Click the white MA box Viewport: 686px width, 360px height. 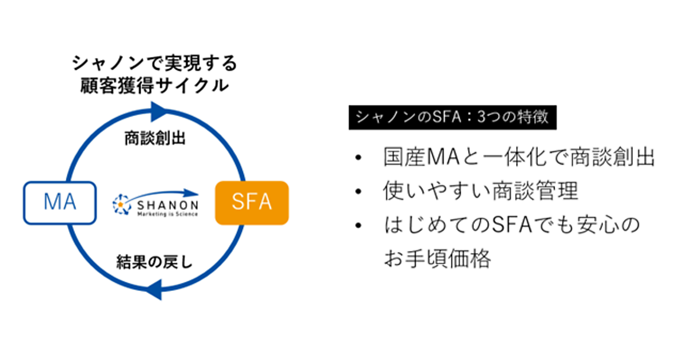[59, 202]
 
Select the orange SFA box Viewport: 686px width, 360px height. [252, 202]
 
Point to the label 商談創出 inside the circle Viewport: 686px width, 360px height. [155, 138]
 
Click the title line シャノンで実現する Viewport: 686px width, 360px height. [155, 62]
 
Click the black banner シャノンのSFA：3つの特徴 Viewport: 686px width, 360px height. [452, 117]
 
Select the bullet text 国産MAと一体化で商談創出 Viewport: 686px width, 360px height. [519, 158]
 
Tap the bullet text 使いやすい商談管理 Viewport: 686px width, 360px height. [481, 191]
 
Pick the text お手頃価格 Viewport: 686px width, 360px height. [437, 259]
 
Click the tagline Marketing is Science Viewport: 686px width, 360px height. [167, 214]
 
